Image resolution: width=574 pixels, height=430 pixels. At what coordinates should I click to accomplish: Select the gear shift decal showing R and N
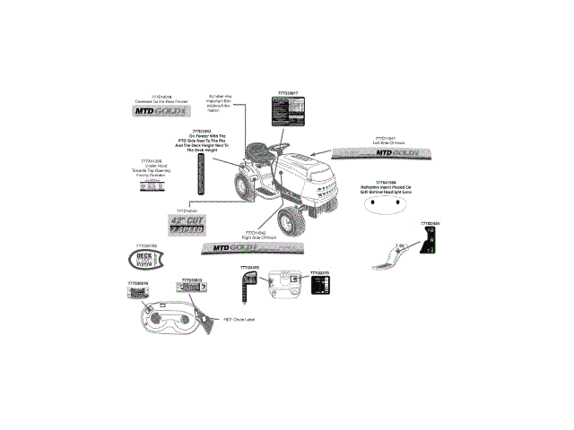point(430,240)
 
